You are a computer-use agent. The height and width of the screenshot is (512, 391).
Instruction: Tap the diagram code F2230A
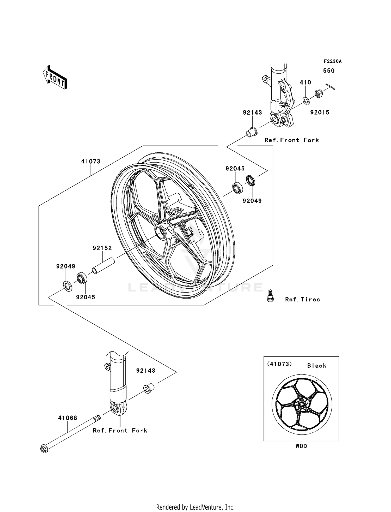pos(333,61)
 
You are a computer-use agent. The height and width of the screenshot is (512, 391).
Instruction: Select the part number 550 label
pos(329,71)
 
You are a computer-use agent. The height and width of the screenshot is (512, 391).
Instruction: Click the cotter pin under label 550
pos(330,86)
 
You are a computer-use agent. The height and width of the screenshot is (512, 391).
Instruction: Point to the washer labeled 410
pos(307,100)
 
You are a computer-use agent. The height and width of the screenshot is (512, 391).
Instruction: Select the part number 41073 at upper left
pos(91,161)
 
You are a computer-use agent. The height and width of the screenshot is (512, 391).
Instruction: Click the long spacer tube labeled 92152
pos(103,266)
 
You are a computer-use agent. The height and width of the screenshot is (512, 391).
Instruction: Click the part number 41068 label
pos(68,418)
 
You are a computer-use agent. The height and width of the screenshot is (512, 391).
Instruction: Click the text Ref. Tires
pos(302,299)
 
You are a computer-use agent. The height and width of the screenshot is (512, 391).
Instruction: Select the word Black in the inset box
pos(317,366)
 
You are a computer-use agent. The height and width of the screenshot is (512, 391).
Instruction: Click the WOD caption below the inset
pos(301,446)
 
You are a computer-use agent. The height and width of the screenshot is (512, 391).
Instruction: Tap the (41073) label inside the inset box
pos(279,364)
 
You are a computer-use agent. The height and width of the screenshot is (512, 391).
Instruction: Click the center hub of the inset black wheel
pos(302,404)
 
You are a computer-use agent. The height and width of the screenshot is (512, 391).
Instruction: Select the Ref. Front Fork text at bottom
pos(120,430)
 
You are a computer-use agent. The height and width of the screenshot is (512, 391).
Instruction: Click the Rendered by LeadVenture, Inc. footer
pos(195,507)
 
